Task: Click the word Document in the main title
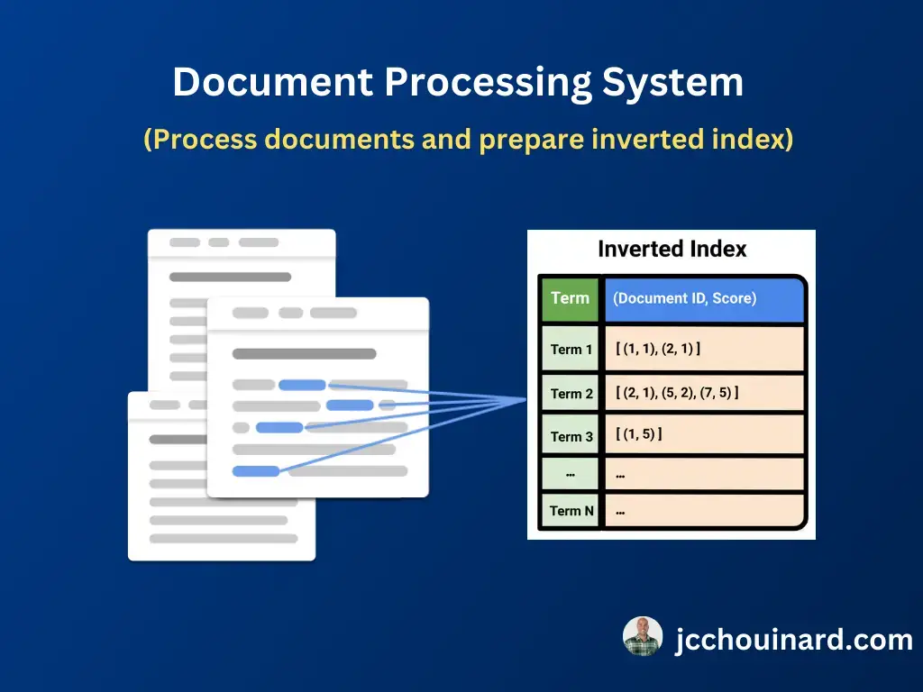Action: pyautogui.click(x=272, y=81)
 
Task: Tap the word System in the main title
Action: pyautogui.click(x=672, y=82)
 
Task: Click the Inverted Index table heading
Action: pyautogui.click(x=672, y=249)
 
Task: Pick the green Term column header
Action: pyautogui.click(x=570, y=298)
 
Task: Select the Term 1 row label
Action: pyautogui.click(x=571, y=350)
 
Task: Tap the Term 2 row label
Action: pyautogui.click(x=571, y=394)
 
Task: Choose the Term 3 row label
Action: pyautogui.click(x=571, y=437)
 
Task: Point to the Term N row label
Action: pyautogui.click(x=571, y=511)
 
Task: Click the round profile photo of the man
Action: pyautogui.click(x=643, y=636)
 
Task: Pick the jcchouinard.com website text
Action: pyautogui.click(x=794, y=640)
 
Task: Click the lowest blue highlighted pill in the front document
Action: pyautogui.click(x=255, y=470)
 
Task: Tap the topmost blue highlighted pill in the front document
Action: pyautogui.click(x=302, y=385)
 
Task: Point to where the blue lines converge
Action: pyautogui.click(x=525, y=399)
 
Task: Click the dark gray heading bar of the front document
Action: pyautogui.click(x=305, y=353)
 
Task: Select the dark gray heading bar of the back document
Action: pyautogui.click(x=230, y=277)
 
